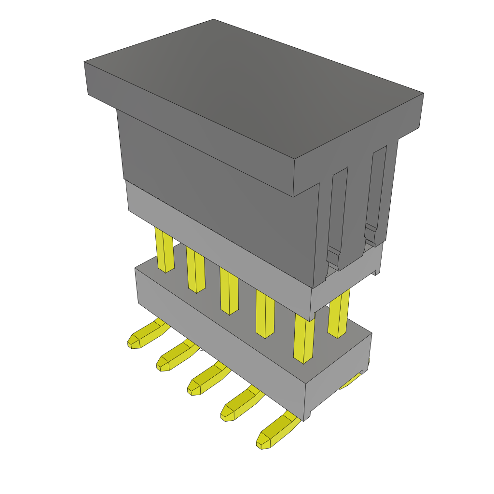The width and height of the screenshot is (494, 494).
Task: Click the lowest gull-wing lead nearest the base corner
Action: click(x=275, y=432)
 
